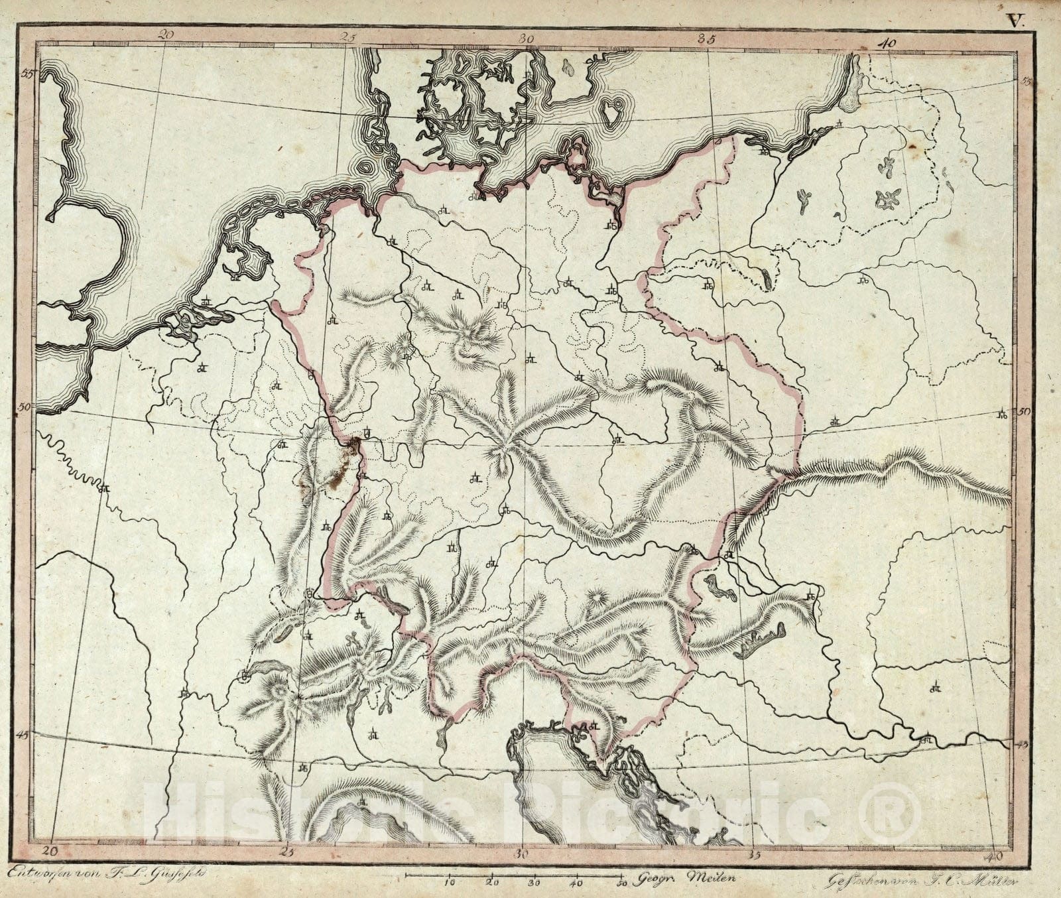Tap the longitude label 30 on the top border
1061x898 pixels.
527,38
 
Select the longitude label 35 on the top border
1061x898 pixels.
707,38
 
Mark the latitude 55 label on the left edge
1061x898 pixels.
27,74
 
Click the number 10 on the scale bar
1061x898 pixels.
450,881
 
